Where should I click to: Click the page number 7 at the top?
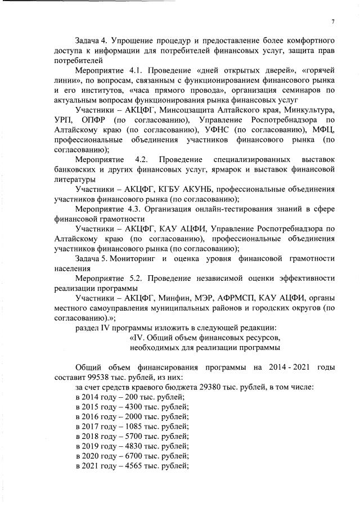click(332, 21)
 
